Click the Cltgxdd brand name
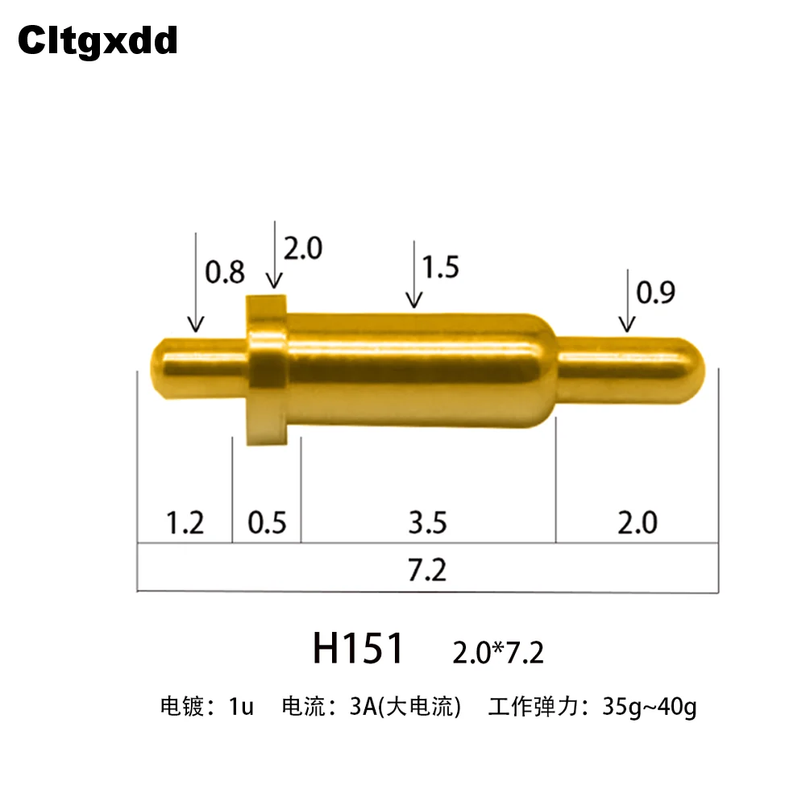click(98, 40)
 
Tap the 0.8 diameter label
click(225, 272)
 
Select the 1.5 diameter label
click(440, 268)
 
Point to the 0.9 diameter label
click(655, 293)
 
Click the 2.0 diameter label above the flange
click(303, 248)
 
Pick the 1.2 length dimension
click(185, 523)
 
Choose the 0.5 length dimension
click(267, 523)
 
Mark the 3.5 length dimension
click(428, 523)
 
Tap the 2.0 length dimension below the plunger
click(638, 523)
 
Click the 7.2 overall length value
click(427, 570)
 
